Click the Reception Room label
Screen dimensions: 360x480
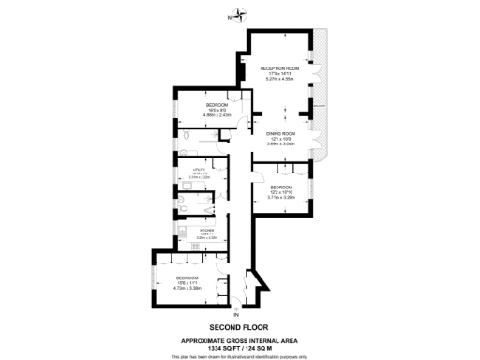[x=279, y=67]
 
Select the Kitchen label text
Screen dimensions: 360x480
[x=206, y=228]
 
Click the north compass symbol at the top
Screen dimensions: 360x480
[x=240, y=14]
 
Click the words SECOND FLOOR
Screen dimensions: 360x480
[x=239, y=327]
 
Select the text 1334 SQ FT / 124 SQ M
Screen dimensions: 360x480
[x=239, y=348]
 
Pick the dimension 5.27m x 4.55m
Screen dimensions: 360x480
[x=279, y=79]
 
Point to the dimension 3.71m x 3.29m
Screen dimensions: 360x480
[x=281, y=197]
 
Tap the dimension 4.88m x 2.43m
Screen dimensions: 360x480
[x=204, y=115]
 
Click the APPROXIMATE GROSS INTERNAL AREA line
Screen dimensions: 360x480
[x=239, y=340]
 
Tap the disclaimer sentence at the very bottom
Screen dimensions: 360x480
[x=239, y=356]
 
